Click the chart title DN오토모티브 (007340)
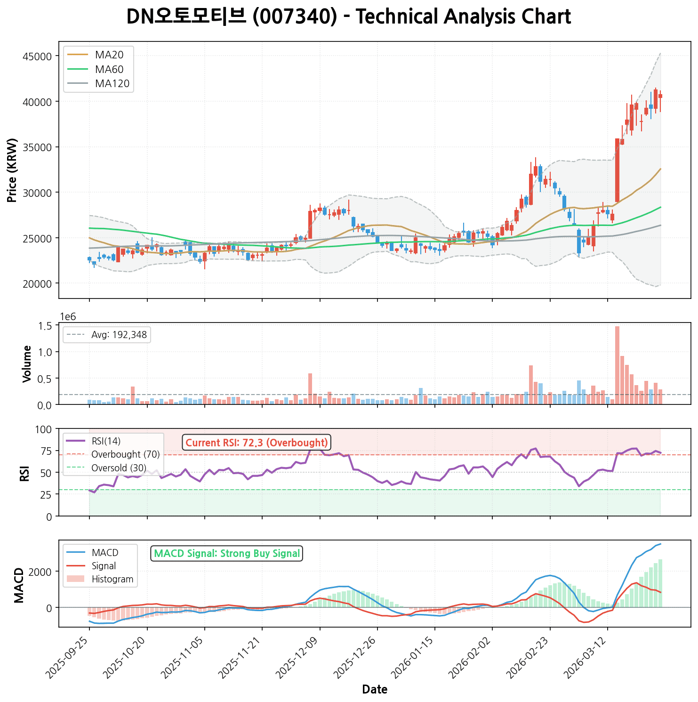(x=348, y=17)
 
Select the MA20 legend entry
(x=109, y=55)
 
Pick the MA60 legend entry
(x=109, y=70)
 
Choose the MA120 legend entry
(x=112, y=84)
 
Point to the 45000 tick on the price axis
(x=37, y=56)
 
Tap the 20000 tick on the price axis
(x=37, y=283)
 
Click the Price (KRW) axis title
(x=13, y=170)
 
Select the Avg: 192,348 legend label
(x=119, y=335)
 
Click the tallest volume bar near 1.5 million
(x=617, y=365)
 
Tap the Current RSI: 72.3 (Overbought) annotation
(x=257, y=443)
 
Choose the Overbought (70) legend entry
(x=125, y=454)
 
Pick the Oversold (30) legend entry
(x=119, y=468)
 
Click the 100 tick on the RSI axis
(x=46, y=429)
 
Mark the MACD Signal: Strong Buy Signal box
(x=227, y=554)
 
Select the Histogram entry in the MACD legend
(x=112, y=579)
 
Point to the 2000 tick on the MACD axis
(x=41, y=572)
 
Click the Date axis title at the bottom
(x=375, y=690)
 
